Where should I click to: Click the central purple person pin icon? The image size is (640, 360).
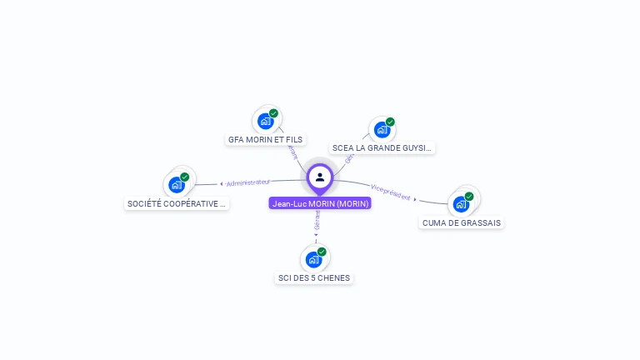(x=320, y=177)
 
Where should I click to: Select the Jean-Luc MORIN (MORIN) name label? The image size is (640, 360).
(x=320, y=203)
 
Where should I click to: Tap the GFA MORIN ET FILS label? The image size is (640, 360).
(x=266, y=139)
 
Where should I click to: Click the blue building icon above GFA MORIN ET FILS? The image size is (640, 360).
(x=265, y=121)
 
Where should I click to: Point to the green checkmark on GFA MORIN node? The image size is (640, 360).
(x=273, y=113)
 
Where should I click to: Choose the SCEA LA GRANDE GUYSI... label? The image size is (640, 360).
(x=382, y=147)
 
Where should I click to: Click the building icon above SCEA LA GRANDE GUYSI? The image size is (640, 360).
(x=382, y=129)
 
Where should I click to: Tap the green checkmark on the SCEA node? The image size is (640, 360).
(x=390, y=122)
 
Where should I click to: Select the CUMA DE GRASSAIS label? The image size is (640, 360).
(x=462, y=222)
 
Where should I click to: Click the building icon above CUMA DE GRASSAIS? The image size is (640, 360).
(x=461, y=204)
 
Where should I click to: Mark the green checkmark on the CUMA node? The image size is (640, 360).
(x=469, y=197)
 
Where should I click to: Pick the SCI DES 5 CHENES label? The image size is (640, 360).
(x=314, y=277)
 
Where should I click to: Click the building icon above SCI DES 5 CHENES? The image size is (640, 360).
(x=313, y=259)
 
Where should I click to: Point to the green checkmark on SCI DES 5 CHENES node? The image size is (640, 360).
(x=322, y=252)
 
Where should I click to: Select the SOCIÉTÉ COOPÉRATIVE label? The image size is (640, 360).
(x=177, y=203)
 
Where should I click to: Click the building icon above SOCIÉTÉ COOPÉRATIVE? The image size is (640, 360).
(x=177, y=185)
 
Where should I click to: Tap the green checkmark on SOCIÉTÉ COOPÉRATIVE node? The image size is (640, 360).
(x=185, y=177)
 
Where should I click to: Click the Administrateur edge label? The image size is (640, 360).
(x=248, y=182)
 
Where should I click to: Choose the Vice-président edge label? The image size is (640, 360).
(x=390, y=192)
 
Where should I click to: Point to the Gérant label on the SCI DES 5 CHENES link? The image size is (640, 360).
(x=317, y=221)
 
